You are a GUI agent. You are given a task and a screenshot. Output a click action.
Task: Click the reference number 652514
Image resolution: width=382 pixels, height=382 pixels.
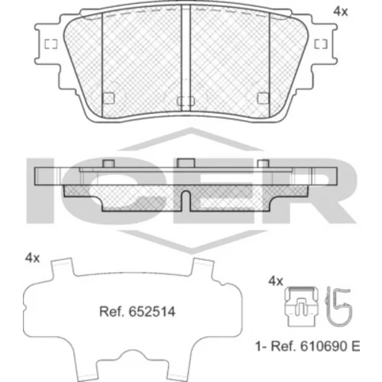(x=152, y=312)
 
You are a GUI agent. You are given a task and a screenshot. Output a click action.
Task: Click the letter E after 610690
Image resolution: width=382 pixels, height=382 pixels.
(x=355, y=346)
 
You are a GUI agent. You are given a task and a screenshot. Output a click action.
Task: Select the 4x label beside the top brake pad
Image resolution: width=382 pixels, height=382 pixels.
(x=340, y=11)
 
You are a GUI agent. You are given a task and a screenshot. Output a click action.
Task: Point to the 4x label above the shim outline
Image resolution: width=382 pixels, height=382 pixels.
(x=32, y=258)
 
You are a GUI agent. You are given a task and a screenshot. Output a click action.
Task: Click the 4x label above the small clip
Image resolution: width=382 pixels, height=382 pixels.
(x=276, y=281)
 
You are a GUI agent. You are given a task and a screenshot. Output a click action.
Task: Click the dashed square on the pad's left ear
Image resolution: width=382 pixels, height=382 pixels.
(x=51, y=44)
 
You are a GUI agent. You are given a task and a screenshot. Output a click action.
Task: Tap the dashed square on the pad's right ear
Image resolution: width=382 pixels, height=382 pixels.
(x=321, y=44)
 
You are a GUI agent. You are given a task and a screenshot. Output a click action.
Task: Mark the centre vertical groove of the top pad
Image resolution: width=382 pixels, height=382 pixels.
(x=186, y=58)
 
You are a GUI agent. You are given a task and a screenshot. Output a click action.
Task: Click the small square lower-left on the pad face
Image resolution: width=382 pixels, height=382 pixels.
(x=108, y=98)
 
